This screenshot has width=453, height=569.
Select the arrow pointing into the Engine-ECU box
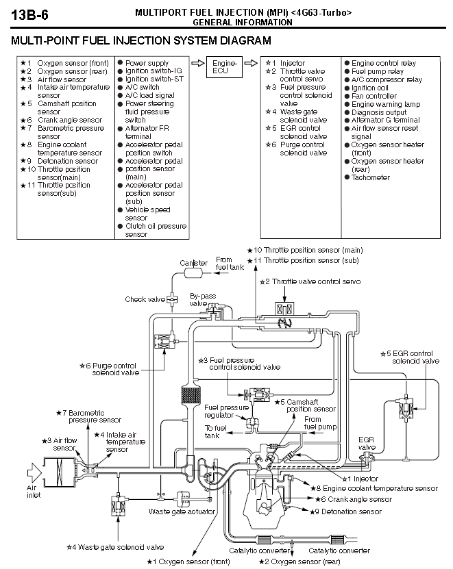point(197,63)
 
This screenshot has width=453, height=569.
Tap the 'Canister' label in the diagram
point(193,263)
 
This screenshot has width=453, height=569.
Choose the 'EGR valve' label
point(367,442)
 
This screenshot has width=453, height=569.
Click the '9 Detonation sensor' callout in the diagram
point(347,511)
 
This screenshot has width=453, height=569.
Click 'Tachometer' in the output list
point(370,177)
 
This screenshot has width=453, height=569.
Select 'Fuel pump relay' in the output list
point(378,71)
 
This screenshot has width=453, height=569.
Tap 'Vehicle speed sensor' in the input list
point(147,214)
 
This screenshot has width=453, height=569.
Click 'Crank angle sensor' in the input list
point(69,120)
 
